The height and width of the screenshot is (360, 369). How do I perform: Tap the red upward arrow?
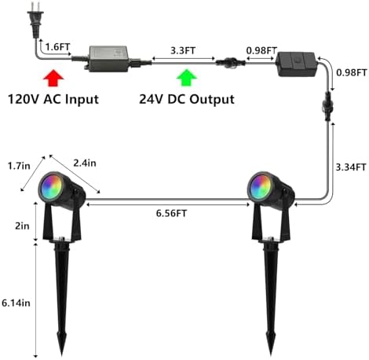53,78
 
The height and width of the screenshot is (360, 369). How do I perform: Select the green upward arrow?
187,78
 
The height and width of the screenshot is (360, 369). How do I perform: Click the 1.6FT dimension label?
58,47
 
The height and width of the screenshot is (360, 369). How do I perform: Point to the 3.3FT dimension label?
183,50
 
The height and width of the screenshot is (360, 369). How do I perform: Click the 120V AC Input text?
53,100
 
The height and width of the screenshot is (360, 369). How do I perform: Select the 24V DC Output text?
187,100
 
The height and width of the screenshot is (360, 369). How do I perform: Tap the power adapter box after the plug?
108,59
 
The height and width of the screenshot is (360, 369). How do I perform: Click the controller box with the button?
296,64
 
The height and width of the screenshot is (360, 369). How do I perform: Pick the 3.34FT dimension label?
351,167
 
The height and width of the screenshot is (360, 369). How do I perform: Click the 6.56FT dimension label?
171,213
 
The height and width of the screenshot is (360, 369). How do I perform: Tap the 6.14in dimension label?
16,303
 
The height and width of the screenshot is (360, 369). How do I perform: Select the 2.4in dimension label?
85,163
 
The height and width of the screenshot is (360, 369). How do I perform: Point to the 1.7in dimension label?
19,166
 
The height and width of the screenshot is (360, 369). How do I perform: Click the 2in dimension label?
22,226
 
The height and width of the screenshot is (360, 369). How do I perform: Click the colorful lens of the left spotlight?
50,186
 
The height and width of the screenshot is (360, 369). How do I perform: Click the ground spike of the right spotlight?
271,296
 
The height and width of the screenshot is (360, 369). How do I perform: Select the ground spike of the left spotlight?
62,296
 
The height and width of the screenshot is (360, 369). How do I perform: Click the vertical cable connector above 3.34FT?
327,105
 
